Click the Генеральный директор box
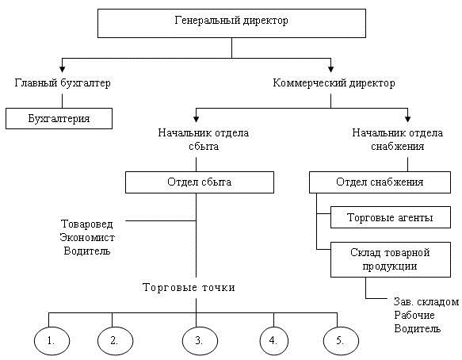[231, 23]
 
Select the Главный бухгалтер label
[62, 82]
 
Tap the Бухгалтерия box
[59, 118]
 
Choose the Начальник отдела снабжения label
[391, 140]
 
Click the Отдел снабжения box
[380, 182]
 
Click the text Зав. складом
[426, 301]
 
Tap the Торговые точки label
[189, 286]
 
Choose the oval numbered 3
[198, 340]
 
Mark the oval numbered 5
[340, 340]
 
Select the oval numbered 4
[273, 340]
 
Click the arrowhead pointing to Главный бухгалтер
[62, 70]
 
